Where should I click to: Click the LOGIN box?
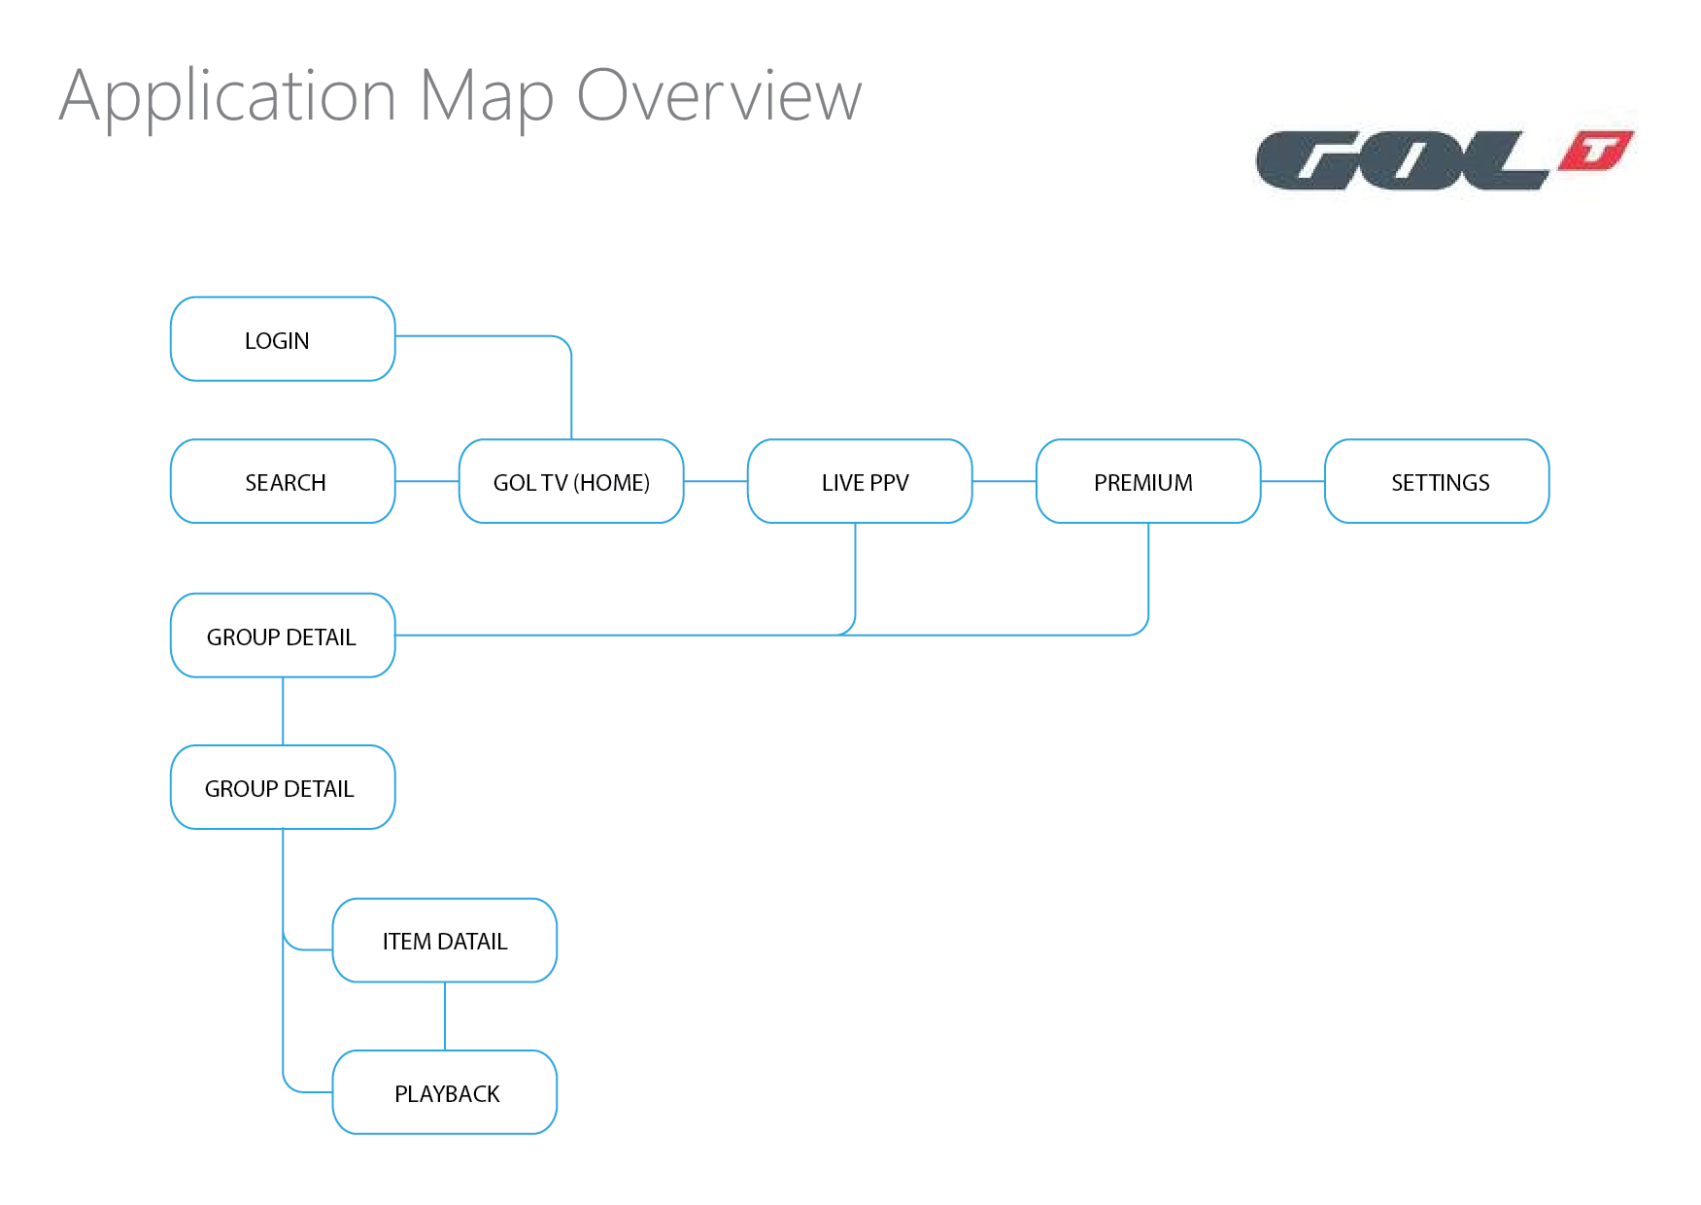click(283, 339)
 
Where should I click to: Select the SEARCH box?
click(283, 481)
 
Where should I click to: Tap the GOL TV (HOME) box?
click(571, 481)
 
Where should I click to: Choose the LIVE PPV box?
click(860, 481)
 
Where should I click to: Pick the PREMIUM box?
click(1148, 481)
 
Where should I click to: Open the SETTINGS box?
click(1437, 481)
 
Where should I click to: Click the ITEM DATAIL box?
click(445, 941)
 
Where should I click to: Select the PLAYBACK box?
click(445, 1092)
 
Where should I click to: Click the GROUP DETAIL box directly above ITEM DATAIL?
click(283, 787)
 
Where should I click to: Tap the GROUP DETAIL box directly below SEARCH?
click(283, 636)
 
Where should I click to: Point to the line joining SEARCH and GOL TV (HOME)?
click(426, 481)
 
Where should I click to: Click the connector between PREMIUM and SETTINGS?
click(1292, 481)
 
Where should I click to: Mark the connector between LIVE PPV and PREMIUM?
click(1004, 481)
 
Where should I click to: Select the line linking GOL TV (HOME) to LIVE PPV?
click(715, 481)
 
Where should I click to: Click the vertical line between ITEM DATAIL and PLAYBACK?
click(445, 1016)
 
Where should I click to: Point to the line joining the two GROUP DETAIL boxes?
click(283, 711)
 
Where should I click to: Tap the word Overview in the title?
click(719, 96)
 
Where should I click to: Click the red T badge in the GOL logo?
click(1596, 152)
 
